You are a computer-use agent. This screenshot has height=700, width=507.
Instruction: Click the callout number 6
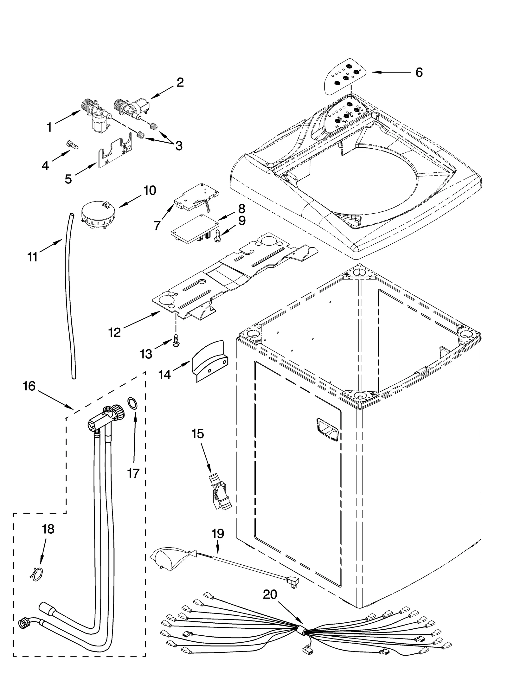tap(419, 73)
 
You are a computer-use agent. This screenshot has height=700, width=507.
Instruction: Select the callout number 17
tap(133, 473)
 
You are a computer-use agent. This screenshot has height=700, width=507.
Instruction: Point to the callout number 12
tap(115, 332)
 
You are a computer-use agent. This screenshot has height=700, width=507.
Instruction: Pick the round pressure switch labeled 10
tap(95, 215)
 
